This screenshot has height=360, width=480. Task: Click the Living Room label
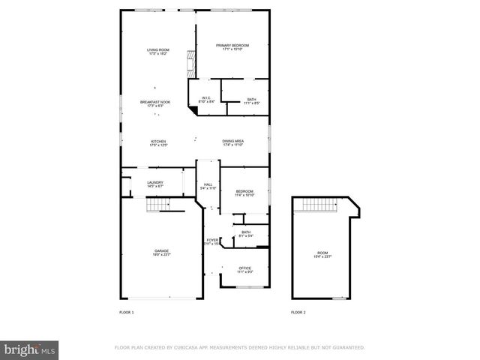pyautogui.click(x=157, y=52)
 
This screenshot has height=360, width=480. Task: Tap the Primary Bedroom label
pyautogui.click(x=232, y=47)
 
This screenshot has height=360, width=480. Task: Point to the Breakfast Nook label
pyautogui.click(x=155, y=103)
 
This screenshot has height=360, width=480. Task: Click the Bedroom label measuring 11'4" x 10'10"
pyautogui.click(x=244, y=193)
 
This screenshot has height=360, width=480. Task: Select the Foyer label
pyautogui.click(x=211, y=241)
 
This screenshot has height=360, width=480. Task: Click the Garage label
pyautogui.click(x=161, y=252)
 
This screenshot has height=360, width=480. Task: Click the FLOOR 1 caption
pyautogui.click(x=127, y=312)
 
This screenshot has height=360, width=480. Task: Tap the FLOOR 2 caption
pyautogui.click(x=298, y=312)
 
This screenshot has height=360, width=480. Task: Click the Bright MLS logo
pyautogui.click(x=29, y=349)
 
